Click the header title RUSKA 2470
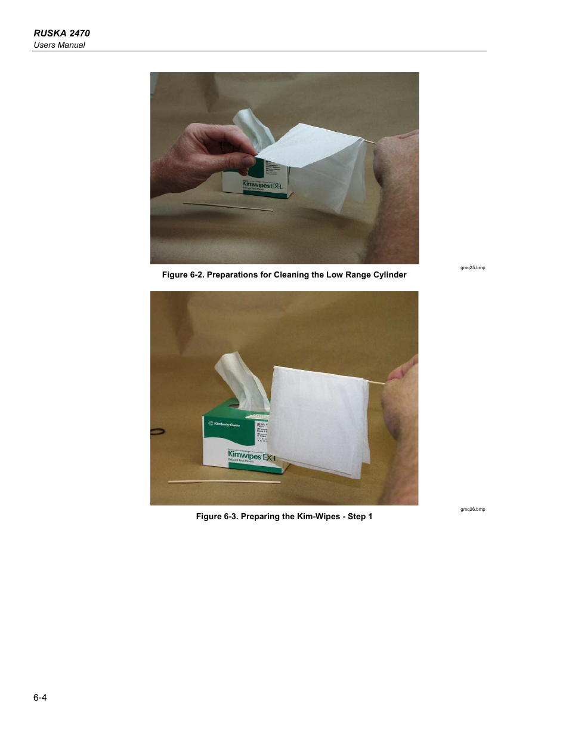(61, 33)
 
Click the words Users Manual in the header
(59, 45)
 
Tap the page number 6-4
(40, 698)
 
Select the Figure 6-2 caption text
(284, 275)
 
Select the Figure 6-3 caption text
(284, 517)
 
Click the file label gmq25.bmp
(472, 268)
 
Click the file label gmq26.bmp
(472, 510)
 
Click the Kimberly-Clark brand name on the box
(227, 424)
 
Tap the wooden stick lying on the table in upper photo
(228, 206)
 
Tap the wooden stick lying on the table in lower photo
(224, 482)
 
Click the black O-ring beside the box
(157, 431)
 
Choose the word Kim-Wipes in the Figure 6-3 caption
(318, 517)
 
